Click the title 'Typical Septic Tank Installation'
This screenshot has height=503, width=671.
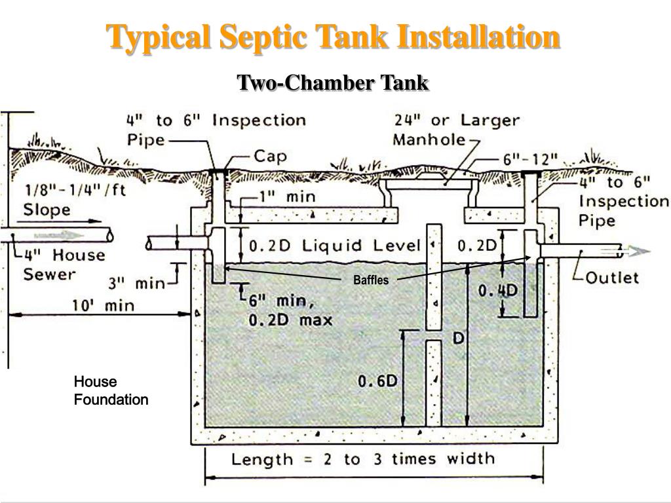pos(334,37)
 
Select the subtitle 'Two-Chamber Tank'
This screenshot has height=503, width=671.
pos(332,83)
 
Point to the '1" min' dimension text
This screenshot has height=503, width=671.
pos(286,196)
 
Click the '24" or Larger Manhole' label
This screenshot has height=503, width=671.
pos(457,130)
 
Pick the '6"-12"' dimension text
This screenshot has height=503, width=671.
pos(531,160)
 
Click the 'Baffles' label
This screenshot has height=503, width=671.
pos(371,280)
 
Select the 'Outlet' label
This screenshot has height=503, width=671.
pos(611,278)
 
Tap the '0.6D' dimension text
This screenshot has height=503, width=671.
pos(378,381)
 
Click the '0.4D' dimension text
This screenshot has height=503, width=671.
pos(498,290)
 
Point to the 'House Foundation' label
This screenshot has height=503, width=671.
pos(111,390)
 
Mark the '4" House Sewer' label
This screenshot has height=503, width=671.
pos(64,264)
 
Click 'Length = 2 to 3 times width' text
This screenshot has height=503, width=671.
pos(363,459)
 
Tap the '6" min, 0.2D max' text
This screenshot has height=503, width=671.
pos(290,310)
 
